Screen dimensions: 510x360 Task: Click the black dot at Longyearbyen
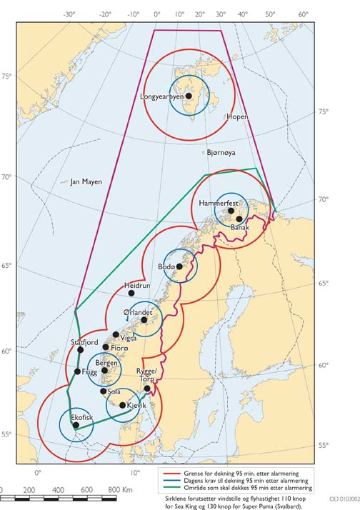189,95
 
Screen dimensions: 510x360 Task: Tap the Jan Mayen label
86,182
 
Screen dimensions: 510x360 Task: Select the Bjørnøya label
221,153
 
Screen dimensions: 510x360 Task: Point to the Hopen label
237,116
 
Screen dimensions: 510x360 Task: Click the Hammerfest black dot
231,211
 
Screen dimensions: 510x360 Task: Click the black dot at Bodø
179,266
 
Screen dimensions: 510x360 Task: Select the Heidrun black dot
131,293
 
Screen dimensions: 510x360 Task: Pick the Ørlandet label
138,312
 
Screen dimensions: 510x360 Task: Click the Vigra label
129,338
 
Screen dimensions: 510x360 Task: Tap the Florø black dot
106,347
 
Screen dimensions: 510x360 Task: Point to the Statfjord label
84,343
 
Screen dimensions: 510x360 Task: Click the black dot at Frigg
77,371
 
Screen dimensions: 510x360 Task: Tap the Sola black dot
104,391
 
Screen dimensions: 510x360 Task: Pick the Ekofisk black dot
76,425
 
